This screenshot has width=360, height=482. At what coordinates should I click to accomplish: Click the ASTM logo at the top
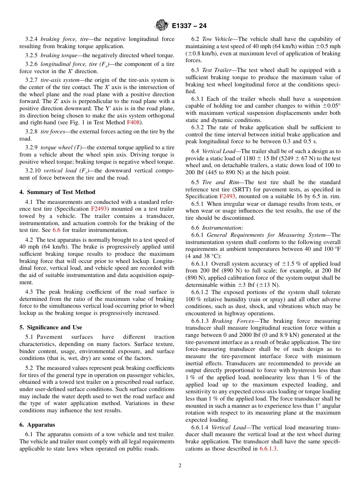(162, 26)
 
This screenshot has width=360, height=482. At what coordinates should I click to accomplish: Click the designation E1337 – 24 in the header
(189, 26)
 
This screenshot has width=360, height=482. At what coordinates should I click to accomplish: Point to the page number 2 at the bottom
(180, 466)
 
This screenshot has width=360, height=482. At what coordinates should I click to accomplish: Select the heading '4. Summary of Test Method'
(57, 192)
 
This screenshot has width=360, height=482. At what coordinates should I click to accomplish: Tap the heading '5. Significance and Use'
(51, 327)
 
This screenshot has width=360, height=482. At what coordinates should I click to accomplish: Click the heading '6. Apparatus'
(37, 425)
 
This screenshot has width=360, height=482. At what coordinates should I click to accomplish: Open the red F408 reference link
(133, 122)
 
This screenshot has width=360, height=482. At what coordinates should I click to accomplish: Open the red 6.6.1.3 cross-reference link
(268, 449)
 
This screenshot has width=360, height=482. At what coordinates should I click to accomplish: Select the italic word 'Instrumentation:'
(222, 228)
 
